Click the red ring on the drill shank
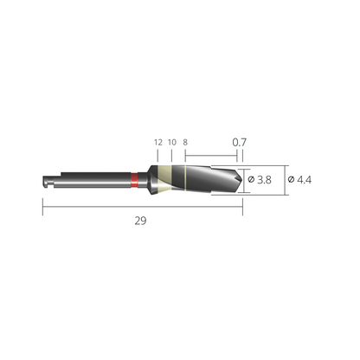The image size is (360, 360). tap(134, 180)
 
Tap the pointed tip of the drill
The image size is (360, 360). tap(242, 179)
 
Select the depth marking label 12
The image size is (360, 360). tap(158, 142)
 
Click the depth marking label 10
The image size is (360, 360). tap(172, 142)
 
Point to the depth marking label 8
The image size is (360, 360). tap(185, 142)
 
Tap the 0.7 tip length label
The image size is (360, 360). tap(240, 142)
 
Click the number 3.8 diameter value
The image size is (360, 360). tap(264, 180)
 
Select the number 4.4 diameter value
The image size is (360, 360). tap(304, 180)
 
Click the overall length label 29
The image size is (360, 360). tap(140, 221)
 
